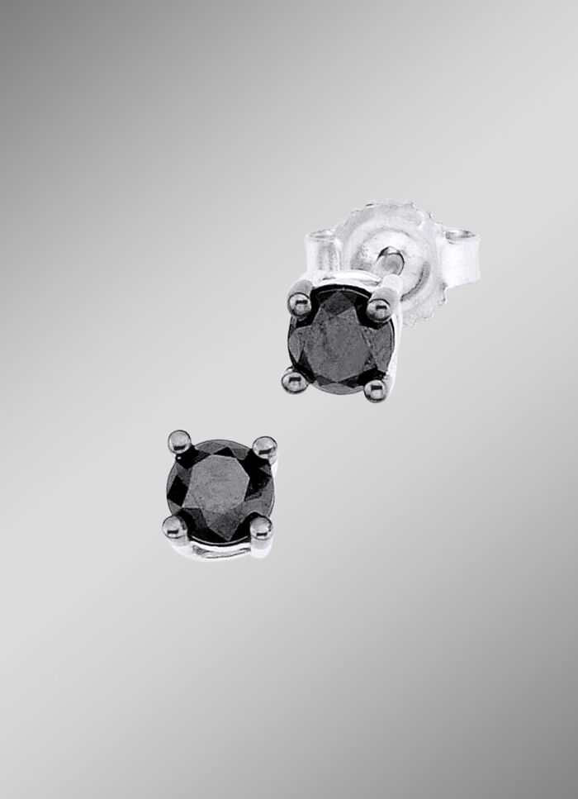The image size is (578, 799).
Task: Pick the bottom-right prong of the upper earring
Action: [375, 386]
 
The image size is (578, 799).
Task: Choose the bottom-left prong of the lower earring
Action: [174, 526]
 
